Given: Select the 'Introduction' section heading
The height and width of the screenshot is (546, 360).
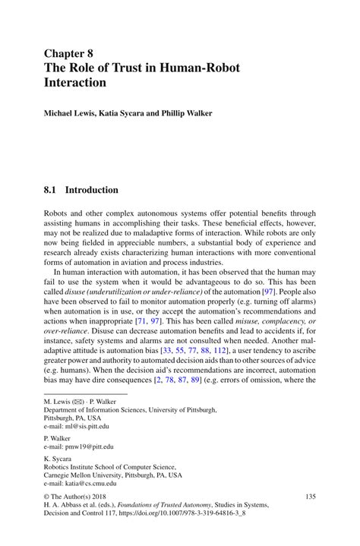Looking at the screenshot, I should (x=91, y=189).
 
